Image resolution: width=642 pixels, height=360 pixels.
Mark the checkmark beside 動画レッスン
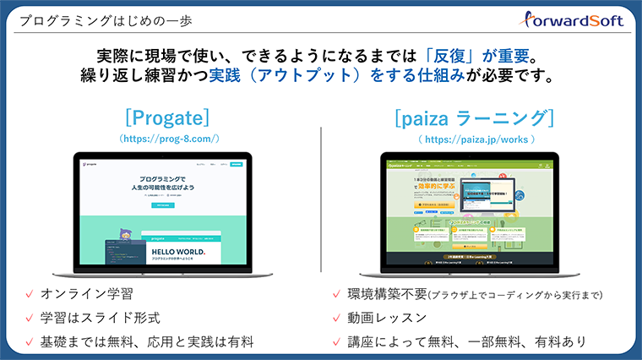point(337,319)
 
